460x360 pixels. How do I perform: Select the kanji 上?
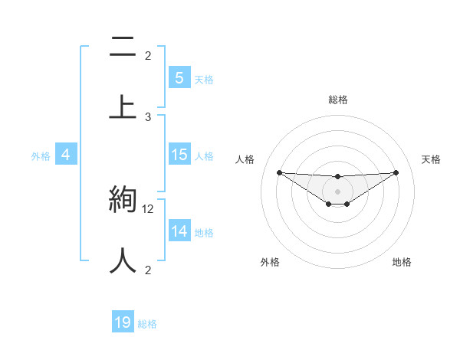(x=123, y=106)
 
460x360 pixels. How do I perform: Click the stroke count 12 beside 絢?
(x=149, y=209)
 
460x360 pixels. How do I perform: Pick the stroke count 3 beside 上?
(x=148, y=116)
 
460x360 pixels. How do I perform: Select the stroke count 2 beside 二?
(x=148, y=56)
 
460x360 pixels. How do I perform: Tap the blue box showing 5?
(x=179, y=77)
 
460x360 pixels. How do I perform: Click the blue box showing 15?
(x=179, y=155)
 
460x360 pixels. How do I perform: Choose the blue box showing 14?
(x=179, y=231)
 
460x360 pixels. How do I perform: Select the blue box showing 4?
(x=66, y=155)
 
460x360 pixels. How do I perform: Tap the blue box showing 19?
(x=123, y=322)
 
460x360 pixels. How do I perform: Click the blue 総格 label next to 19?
(x=147, y=324)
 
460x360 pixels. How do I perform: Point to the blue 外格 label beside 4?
(x=41, y=156)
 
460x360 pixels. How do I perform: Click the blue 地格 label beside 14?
(x=204, y=233)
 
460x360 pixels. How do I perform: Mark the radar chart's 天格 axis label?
(x=431, y=159)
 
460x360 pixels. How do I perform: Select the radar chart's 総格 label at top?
(x=337, y=100)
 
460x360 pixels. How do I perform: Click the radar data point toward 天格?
(x=396, y=172)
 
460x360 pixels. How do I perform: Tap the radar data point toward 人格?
(x=279, y=172)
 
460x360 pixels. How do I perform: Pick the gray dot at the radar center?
(x=337, y=191)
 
